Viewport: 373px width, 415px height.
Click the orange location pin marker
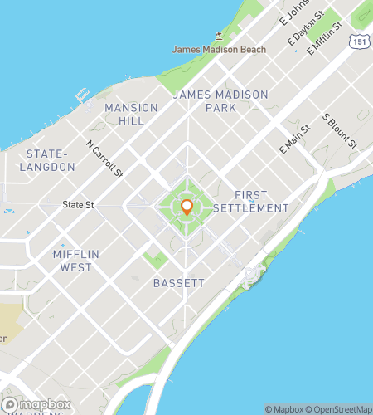(186, 207)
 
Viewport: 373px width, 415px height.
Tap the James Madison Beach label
(220, 49)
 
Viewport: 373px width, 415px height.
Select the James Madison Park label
(220, 101)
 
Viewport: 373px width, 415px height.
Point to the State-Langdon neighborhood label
(50, 160)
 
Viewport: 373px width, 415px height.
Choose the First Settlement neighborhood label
(250, 202)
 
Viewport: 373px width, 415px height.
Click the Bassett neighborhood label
(179, 283)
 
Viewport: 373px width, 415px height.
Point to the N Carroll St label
(104, 158)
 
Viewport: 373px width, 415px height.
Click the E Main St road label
(294, 138)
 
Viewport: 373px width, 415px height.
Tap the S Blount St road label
(340, 131)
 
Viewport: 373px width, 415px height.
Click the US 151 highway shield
(357, 41)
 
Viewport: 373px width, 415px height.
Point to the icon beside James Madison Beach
(218, 36)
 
